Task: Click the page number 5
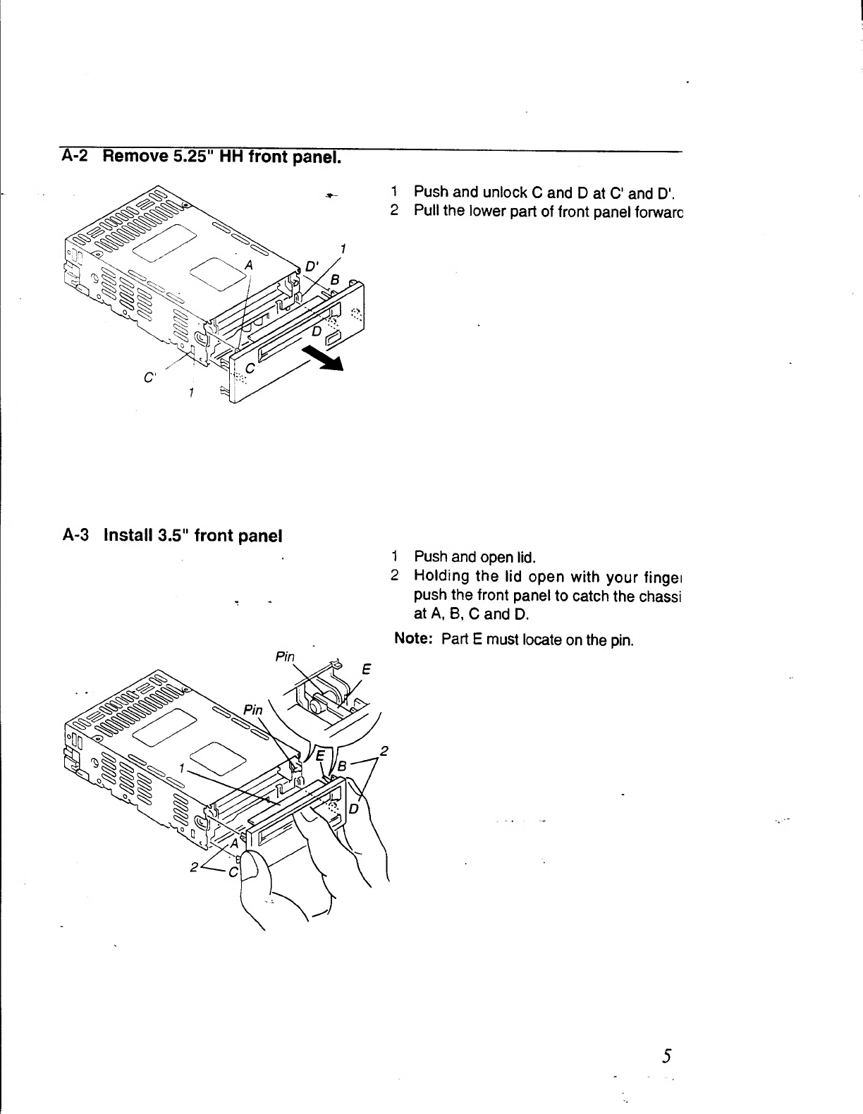coord(666,1056)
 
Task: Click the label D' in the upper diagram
coord(311,267)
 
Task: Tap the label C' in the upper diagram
coord(149,377)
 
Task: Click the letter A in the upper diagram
coord(248,264)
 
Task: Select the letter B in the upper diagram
coord(336,281)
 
